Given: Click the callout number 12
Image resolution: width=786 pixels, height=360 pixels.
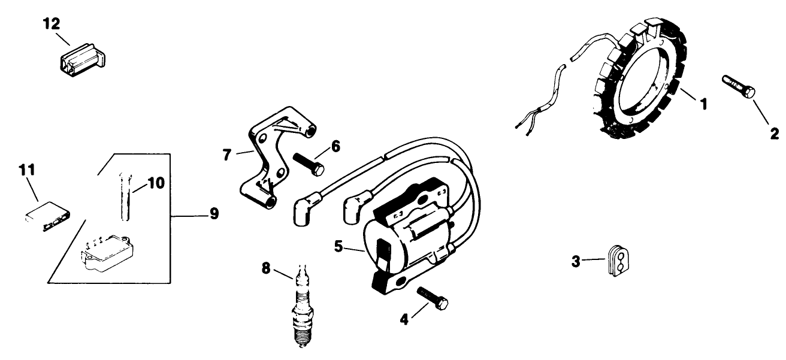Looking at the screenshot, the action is [x=52, y=24].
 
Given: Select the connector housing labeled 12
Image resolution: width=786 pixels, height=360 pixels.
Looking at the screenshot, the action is [x=83, y=60].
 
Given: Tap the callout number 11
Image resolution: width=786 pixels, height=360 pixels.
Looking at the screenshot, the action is [x=27, y=170].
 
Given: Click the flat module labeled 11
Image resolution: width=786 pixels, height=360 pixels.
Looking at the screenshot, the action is [x=48, y=216].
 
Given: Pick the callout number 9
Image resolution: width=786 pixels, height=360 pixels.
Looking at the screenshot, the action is [x=214, y=213].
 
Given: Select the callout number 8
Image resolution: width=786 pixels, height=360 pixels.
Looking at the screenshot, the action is [x=266, y=269].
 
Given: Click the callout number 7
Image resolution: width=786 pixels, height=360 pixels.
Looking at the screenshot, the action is [x=227, y=155].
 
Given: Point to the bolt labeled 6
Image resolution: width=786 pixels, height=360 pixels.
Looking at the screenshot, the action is [x=309, y=165].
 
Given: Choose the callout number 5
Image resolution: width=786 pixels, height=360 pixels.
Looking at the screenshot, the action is [x=338, y=246].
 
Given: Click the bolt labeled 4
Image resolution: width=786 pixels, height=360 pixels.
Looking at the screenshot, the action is [x=433, y=298].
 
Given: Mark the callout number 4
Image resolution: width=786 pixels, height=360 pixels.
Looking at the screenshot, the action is [x=404, y=320].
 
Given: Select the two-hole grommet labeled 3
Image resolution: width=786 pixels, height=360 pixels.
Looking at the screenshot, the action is [x=618, y=261].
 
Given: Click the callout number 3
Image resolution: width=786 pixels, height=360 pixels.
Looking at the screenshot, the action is [x=576, y=262].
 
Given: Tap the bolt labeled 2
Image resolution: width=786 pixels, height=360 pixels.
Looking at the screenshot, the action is [x=738, y=86].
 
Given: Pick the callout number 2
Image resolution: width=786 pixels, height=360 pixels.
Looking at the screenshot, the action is [x=775, y=134].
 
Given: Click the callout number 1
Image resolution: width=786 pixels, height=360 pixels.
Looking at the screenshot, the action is [x=703, y=104].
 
